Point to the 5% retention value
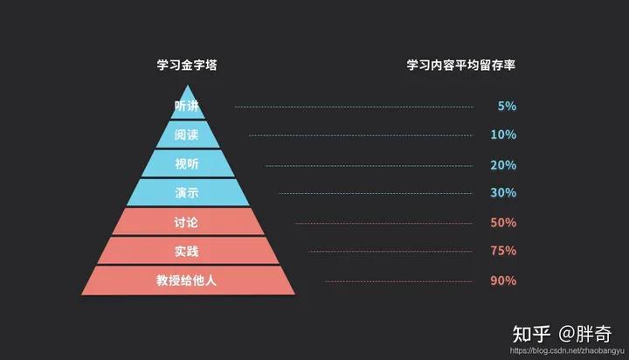tap(507, 107)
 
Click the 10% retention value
tap(503, 135)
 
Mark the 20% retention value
tap(503, 165)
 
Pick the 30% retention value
tap(503, 193)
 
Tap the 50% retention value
tap(503, 223)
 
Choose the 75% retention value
tap(503, 252)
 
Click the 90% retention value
tap(503, 281)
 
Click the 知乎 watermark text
tap(531, 333)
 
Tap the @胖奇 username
tap(585, 333)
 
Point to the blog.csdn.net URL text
tap(563, 351)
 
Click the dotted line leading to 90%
tap(398, 281)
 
